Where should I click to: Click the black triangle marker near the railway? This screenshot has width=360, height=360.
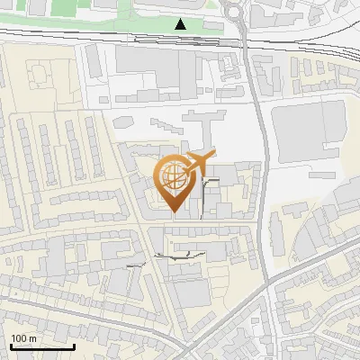pyautogui.click(x=181, y=24)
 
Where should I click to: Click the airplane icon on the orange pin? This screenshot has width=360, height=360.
pyautogui.click(x=198, y=163)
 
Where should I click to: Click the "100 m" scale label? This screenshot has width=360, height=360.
pyautogui.click(x=23, y=338)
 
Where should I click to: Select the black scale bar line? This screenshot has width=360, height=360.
pyautogui.click(x=42, y=346)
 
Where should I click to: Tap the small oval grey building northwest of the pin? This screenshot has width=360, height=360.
pyautogui.click(x=143, y=166)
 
